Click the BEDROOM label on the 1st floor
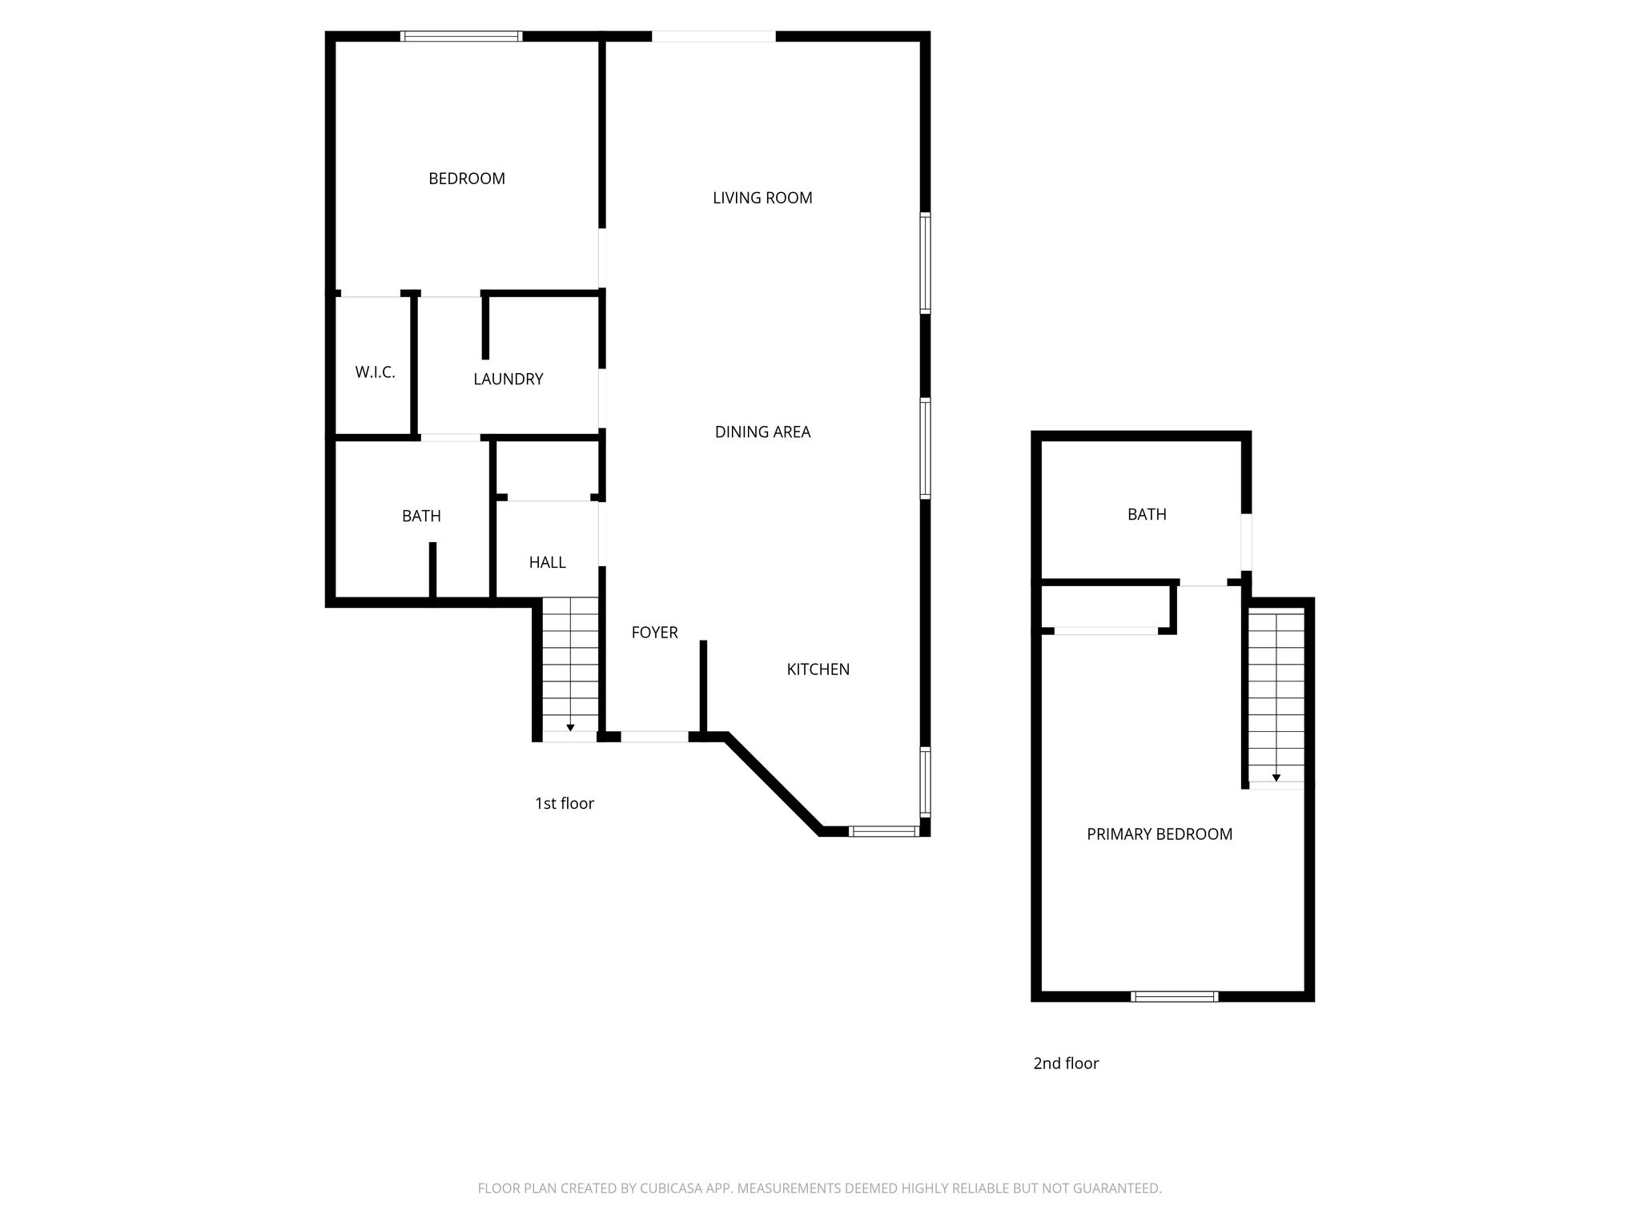point(467,179)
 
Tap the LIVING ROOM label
point(762,198)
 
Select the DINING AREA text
point(762,432)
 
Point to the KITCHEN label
point(818,669)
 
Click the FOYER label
point(654,633)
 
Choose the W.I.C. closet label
point(375,372)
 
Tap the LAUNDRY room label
point(508,380)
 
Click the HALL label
point(547,563)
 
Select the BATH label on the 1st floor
point(421,517)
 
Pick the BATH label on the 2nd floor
point(1147,515)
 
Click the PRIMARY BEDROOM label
point(1159,834)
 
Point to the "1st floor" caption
point(565,803)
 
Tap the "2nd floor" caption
point(1066,1063)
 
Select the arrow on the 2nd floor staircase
point(1276,777)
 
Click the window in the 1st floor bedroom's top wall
point(461,36)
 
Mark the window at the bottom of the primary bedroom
point(1175,996)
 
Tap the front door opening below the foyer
point(654,737)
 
